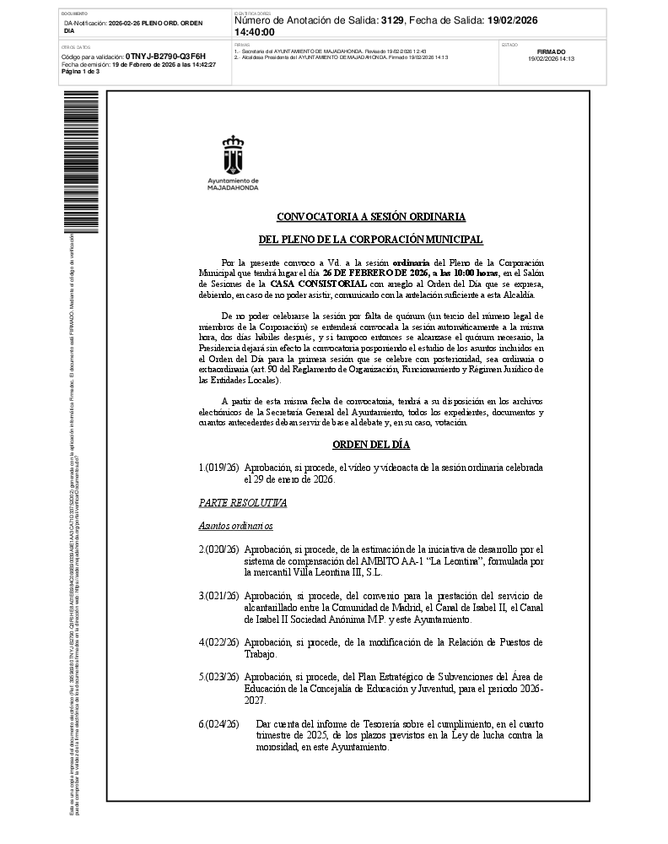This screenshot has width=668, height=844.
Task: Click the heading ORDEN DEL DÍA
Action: point(370,445)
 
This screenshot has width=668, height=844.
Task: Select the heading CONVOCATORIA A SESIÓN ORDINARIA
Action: point(371,217)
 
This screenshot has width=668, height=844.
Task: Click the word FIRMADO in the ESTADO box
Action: point(551,51)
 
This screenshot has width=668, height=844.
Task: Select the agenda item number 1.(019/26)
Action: point(218,468)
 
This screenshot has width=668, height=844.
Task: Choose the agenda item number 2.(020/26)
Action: point(218,549)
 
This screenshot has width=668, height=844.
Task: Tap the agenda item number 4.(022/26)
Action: point(218,642)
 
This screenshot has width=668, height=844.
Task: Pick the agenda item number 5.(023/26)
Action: point(218,677)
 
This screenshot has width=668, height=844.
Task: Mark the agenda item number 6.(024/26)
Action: point(218,724)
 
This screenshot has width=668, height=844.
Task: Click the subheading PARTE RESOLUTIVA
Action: point(243,503)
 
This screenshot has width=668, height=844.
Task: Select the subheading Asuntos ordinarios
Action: point(236,526)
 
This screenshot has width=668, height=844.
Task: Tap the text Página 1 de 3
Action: point(81,72)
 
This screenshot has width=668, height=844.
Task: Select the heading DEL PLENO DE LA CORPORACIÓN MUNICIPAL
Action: point(370,241)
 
